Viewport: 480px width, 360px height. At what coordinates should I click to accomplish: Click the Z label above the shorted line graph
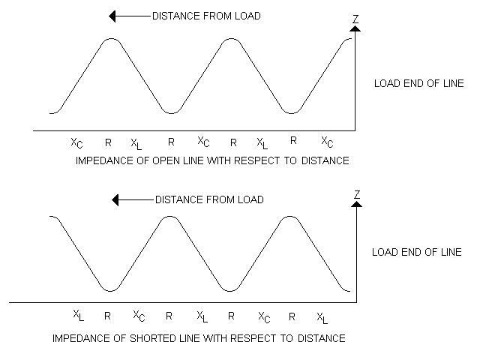(x=357, y=195)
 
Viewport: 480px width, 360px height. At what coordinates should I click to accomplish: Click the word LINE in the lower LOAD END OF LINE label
(x=448, y=252)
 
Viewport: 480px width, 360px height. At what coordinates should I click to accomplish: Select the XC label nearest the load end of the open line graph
(x=328, y=142)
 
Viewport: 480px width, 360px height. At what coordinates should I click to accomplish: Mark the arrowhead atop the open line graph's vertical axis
(x=355, y=28)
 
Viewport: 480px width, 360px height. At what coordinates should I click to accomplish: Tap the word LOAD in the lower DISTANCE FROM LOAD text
(x=249, y=200)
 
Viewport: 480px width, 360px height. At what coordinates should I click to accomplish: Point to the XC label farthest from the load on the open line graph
(x=76, y=142)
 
